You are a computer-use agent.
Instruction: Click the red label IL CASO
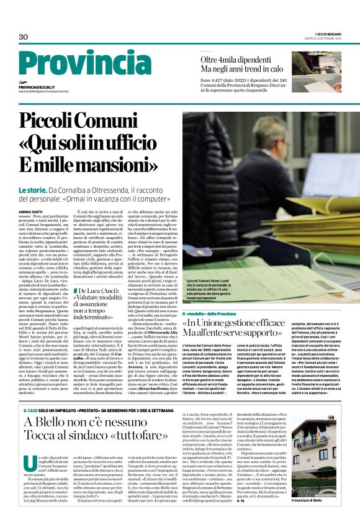pos(29,410)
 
